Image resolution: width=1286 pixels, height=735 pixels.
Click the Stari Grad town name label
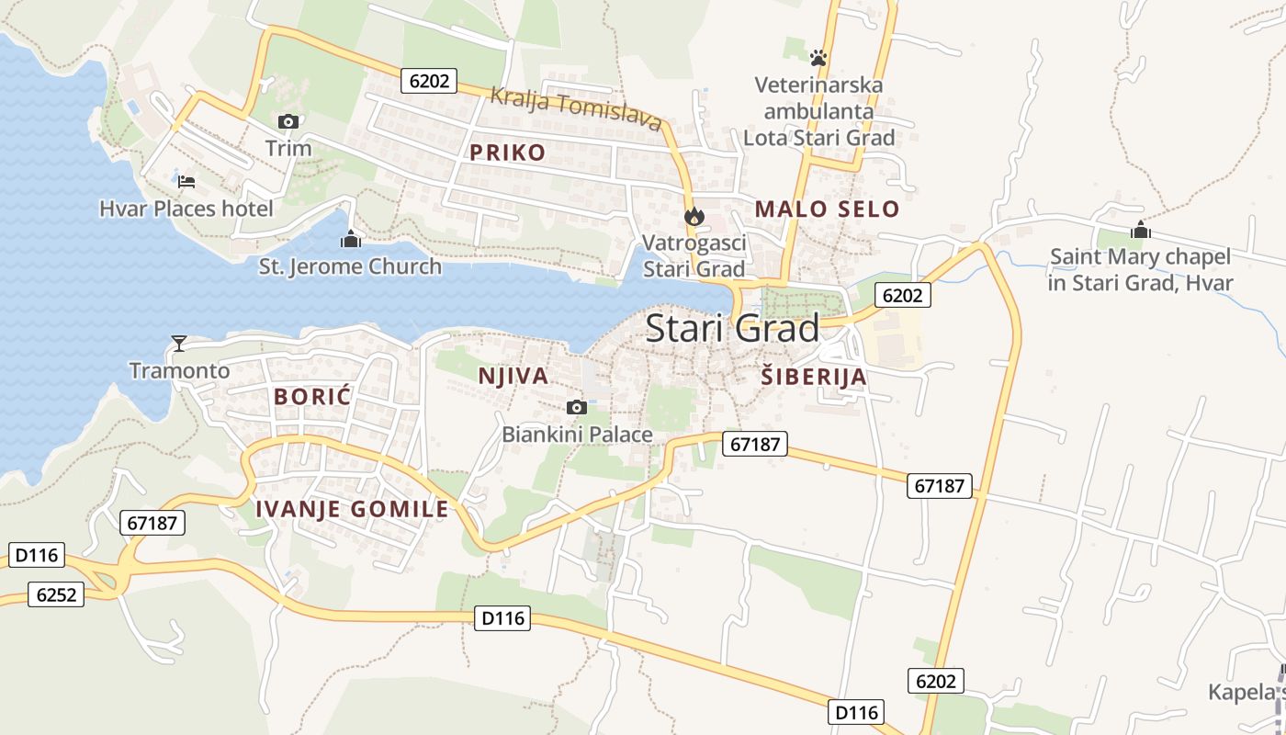click(x=732, y=329)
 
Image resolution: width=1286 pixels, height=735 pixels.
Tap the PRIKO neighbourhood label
click(x=507, y=153)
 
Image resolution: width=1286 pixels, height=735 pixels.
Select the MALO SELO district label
click(x=827, y=209)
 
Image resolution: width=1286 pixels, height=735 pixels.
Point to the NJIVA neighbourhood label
click(x=513, y=376)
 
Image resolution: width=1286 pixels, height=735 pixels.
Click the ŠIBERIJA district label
click(x=814, y=377)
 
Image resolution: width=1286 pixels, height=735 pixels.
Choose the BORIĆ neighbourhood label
click(x=313, y=398)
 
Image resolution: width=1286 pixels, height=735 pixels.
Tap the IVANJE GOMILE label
click(x=352, y=509)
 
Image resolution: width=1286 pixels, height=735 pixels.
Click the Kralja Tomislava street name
click(x=575, y=108)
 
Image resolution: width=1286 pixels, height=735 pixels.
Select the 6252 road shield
click(x=56, y=594)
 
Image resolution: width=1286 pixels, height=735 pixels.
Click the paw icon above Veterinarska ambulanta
click(x=818, y=58)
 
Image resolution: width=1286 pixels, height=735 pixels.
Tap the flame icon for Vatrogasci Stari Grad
click(x=694, y=217)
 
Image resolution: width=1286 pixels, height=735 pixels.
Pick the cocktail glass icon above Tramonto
click(x=179, y=344)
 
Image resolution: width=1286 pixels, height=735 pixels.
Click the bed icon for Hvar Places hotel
click(x=186, y=181)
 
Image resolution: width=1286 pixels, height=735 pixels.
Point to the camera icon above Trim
click(x=288, y=121)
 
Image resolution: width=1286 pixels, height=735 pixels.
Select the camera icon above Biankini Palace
click(x=577, y=407)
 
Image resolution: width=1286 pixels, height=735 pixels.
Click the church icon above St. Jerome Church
click(x=350, y=240)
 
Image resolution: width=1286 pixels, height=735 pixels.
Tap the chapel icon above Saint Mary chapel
click(x=1141, y=230)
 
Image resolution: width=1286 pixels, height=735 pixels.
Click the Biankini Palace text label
click(x=577, y=435)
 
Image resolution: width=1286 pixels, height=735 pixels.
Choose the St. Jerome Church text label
click(x=350, y=267)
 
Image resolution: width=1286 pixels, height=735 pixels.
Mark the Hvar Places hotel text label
click(x=186, y=209)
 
